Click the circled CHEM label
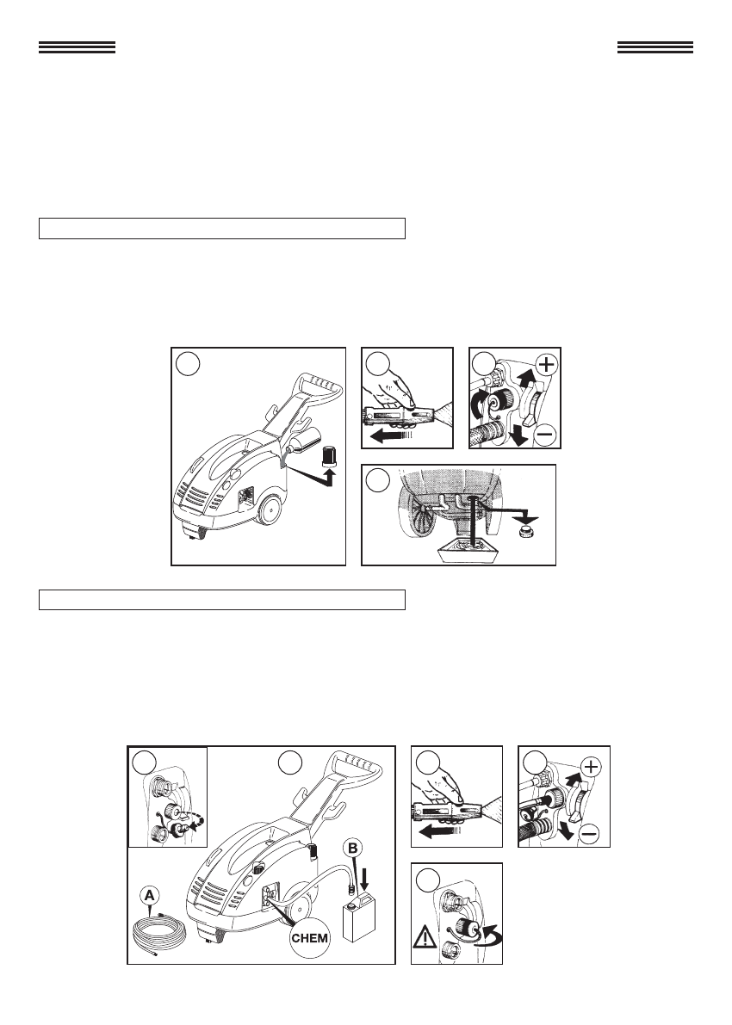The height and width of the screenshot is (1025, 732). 309,938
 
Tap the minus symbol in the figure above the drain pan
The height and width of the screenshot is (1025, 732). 547,433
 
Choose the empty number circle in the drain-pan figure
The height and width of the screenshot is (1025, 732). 377,480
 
